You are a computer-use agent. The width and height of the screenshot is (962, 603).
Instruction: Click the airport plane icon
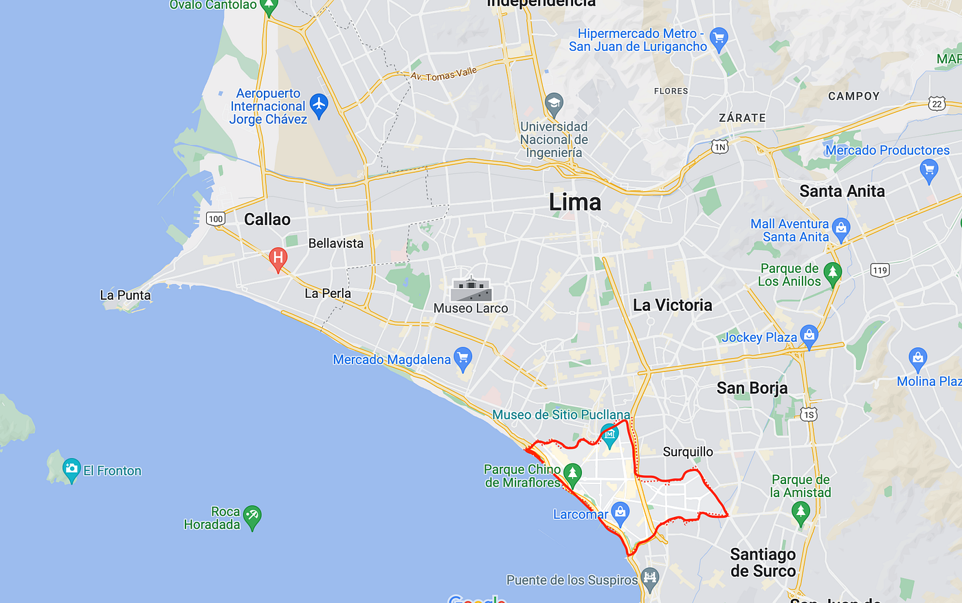(x=319, y=105)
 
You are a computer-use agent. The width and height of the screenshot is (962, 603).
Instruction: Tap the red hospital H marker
(x=278, y=259)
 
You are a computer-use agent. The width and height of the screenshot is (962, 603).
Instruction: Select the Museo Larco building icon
(x=471, y=289)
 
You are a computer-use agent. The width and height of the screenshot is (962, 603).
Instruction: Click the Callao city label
(x=267, y=219)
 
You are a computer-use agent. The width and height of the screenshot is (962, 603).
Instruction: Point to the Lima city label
(x=574, y=202)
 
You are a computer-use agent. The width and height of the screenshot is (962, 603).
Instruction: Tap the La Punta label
(x=125, y=295)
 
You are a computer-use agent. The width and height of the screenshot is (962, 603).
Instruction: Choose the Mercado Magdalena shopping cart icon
(x=463, y=358)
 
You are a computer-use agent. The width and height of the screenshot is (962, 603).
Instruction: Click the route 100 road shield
(x=216, y=219)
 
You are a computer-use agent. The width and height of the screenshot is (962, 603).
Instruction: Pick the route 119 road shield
(x=880, y=270)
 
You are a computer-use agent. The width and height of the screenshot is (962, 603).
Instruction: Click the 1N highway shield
(x=719, y=146)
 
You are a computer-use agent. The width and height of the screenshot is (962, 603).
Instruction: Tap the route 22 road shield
(x=937, y=104)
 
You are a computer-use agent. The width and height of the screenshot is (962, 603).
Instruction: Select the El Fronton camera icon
(x=71, y=470)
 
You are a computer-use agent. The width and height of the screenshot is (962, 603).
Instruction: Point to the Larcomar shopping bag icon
(x=620, y=512)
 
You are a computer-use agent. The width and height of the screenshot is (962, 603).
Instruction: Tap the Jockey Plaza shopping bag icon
(x=809, y=336)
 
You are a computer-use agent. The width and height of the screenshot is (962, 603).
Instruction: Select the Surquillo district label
(x=688, y=452)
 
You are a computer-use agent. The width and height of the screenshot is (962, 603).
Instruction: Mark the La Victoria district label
(x=672, y=305)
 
